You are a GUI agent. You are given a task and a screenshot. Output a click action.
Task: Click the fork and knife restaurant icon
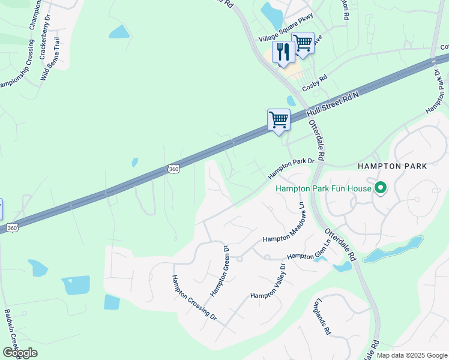click(282, 52)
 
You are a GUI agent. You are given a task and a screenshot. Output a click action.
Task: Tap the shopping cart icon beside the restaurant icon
click(303, 43)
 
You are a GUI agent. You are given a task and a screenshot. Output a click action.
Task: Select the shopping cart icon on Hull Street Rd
click(279, 120)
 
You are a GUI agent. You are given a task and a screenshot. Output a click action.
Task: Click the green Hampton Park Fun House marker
click(381, 188)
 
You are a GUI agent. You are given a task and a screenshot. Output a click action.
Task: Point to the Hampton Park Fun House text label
click(323, 189)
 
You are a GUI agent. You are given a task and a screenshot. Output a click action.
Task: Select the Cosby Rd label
click(315, 79)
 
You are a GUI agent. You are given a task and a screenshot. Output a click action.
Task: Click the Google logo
click(20, 353)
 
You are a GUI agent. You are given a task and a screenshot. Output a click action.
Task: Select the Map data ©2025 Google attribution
click(412, 355)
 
